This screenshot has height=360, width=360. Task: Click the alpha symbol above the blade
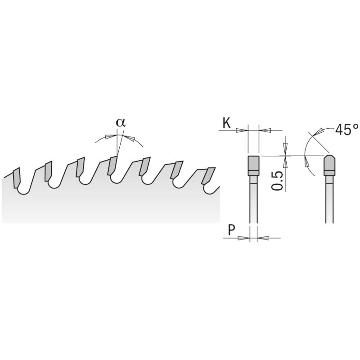click(119, 122)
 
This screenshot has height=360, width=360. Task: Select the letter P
click(230, 230)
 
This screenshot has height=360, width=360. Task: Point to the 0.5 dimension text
click(278, 180)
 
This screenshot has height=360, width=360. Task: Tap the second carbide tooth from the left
click(48, 171)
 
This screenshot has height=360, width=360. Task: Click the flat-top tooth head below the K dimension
click(253, 165)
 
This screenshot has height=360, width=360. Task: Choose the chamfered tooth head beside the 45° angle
click(329, 165)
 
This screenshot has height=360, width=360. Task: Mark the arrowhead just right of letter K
click(242, 130)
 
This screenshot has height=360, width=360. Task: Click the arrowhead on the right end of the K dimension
click(265, 130)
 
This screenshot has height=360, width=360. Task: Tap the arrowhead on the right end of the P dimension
click(262, 238)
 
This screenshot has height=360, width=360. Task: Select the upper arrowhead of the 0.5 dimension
click(285, 147)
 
